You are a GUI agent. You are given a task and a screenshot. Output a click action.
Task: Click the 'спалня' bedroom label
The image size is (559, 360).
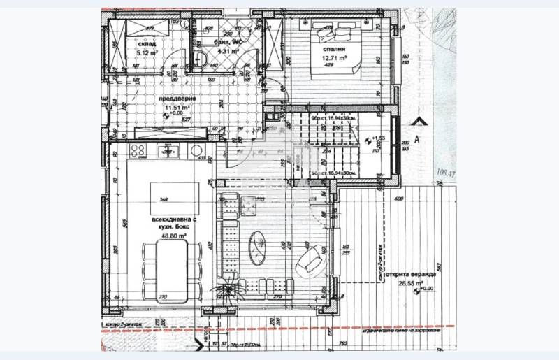[333, 50]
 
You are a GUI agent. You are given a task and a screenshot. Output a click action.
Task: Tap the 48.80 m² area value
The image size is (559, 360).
[173, 236]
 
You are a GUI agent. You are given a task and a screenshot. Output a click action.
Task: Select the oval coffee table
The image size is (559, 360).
[260, 245]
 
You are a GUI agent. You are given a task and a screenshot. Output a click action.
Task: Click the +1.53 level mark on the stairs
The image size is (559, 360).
[378, 139]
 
